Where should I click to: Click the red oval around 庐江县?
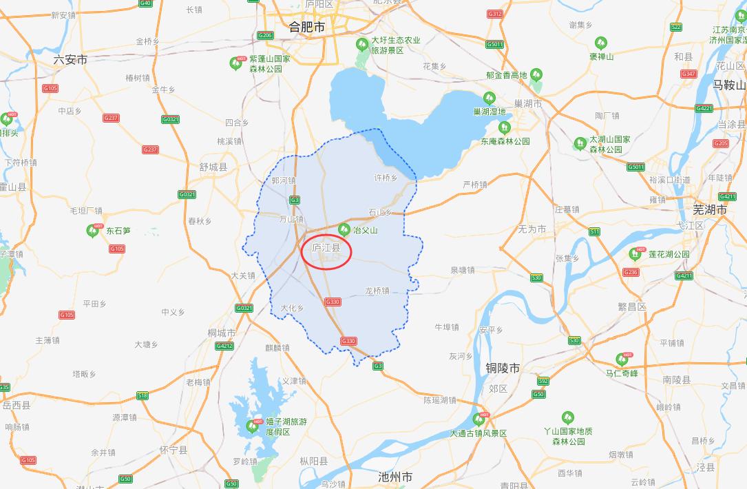click(x=327, y=252)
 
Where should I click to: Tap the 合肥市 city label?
click(x=306, y=27)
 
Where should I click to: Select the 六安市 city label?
click(x=70, y=61)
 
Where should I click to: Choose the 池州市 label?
click(x=395, y=477)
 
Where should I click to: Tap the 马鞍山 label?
click(x=729, y=85)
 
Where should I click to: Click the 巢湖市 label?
click(x=528, y=104)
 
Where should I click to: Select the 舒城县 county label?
click(x=213, y=167)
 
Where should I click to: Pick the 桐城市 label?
click(x=222, y=333)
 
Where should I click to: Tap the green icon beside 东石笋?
click(x=93, y=231)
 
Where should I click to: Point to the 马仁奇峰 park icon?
click(x=624, y=360)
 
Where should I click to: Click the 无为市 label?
click(x=532, y=229)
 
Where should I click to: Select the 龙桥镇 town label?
click(x=377, y=291)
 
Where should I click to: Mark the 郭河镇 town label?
click(x=283, y=180)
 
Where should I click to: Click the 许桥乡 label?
click(x=386, y=178)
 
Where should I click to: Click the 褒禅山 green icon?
click(x=600, y=43)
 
